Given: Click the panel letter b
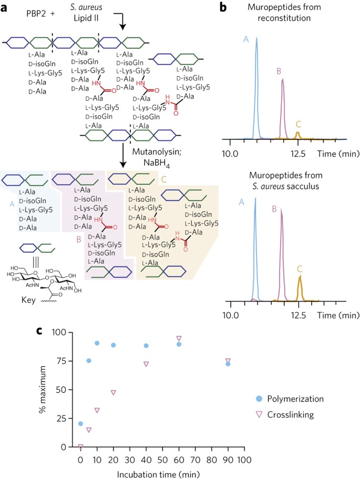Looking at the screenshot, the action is pyautogui.click(x=223, y=7).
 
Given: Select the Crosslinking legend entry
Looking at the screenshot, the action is pyautogui.click(x=285, y=415).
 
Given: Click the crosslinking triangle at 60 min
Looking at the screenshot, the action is pyautogui.click(x=179, y=338).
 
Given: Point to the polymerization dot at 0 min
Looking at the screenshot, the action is pyautogui.click(x=80, y=424).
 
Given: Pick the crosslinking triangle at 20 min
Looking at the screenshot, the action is pyautogui.click(x=114, y=393).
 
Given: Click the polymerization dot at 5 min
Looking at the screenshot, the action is pyautogui.click(x=89, y=361).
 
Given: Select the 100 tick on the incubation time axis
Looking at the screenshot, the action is pyautogui.click(x=244, y=460).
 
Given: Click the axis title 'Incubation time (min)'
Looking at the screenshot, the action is pyautogui.click(x=158, y=475).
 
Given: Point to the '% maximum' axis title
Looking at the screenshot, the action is pyautogui.click(x=43, y=389).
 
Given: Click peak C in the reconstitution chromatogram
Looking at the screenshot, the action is pyautogui.click(x=297, y=135).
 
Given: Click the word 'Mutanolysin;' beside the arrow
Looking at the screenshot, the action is pyautogui.click(x=157, y=152).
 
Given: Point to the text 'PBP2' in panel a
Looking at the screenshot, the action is pyautogui.click(x=36, y=14).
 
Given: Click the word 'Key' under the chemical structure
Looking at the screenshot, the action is pyautogui.click(x=28, y=300).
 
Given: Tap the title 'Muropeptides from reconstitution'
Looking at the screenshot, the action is pyautogui.click(x=284, y=12).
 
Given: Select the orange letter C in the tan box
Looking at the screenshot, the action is pyautogui.click(x=163, y=179).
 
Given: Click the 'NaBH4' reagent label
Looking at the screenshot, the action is pyautogui.click(x=157, y=164).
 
